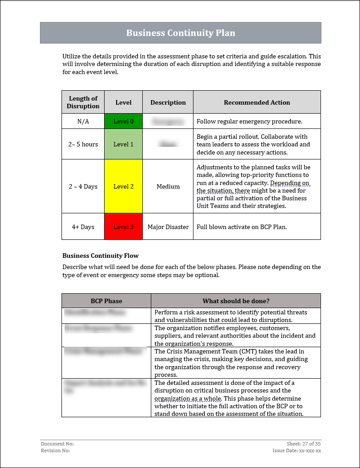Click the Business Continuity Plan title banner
180,33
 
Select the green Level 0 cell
123,121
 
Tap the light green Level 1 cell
123,144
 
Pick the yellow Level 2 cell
123,186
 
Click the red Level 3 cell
123,227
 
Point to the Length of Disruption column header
83,102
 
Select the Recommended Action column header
257,102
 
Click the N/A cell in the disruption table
83,121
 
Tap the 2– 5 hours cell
83,144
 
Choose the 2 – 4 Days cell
83,186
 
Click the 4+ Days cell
83,227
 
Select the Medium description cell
168,186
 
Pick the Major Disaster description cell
168,227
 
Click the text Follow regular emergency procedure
249,121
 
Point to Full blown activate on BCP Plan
241,227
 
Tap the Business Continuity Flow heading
101,256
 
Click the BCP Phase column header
106,301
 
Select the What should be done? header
236,301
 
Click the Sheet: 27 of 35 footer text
303,444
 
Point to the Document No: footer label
57,444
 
